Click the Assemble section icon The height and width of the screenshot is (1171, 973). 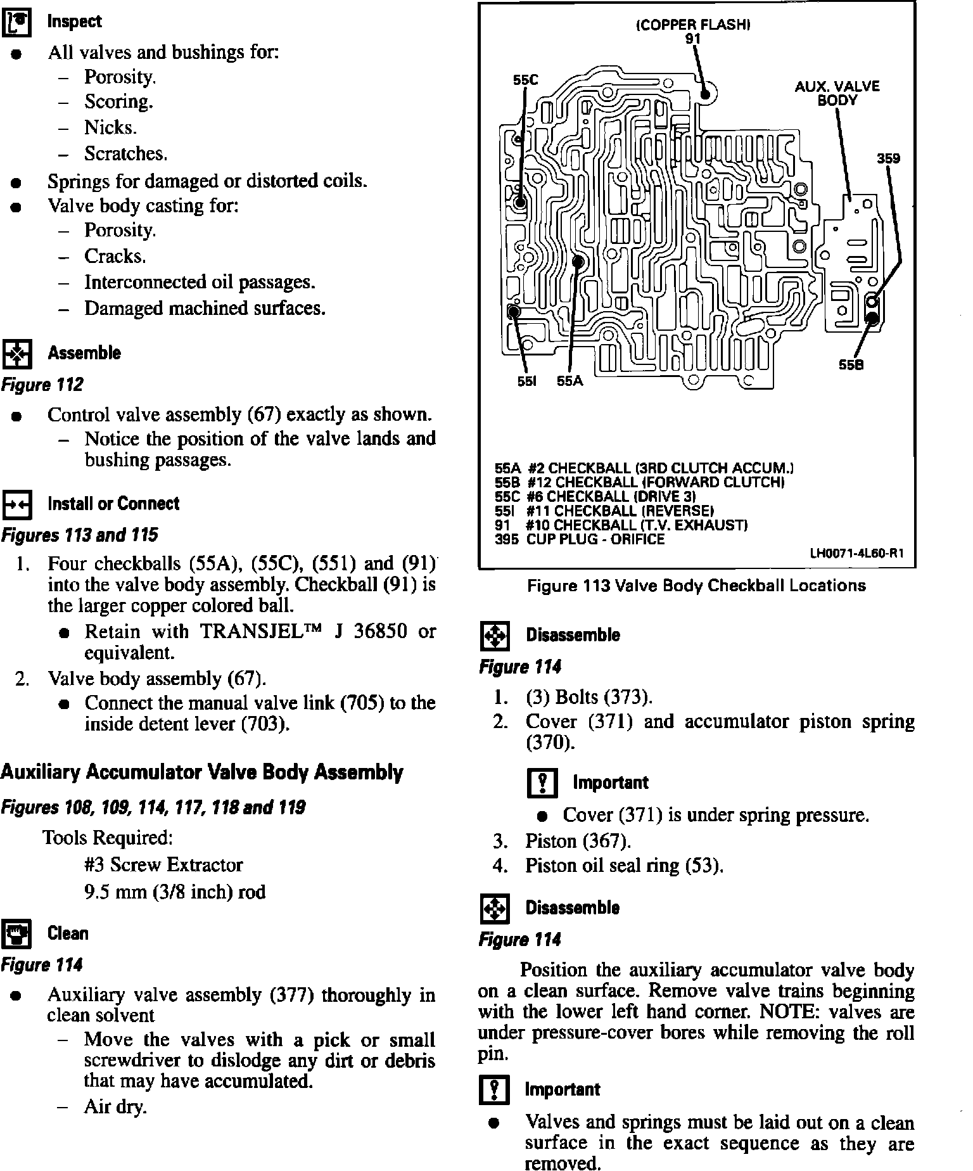click(17, 354)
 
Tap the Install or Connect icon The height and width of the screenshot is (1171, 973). click(17, 504)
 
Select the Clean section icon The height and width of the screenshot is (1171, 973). click(17, 934)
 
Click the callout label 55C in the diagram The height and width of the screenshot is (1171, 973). click(525, 80)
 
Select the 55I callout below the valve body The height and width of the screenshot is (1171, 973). click(527, 381)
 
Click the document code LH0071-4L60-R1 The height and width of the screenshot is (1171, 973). click(857, 553)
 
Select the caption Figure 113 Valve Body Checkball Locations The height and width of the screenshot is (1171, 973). click(696, 585)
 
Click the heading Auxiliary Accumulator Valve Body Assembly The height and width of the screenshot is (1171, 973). click(201, 772)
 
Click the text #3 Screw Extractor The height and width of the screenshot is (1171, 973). click(163, 865)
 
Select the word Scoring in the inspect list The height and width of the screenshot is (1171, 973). click(118, 102)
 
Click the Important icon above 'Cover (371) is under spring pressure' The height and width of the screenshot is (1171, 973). click(542, 783)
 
